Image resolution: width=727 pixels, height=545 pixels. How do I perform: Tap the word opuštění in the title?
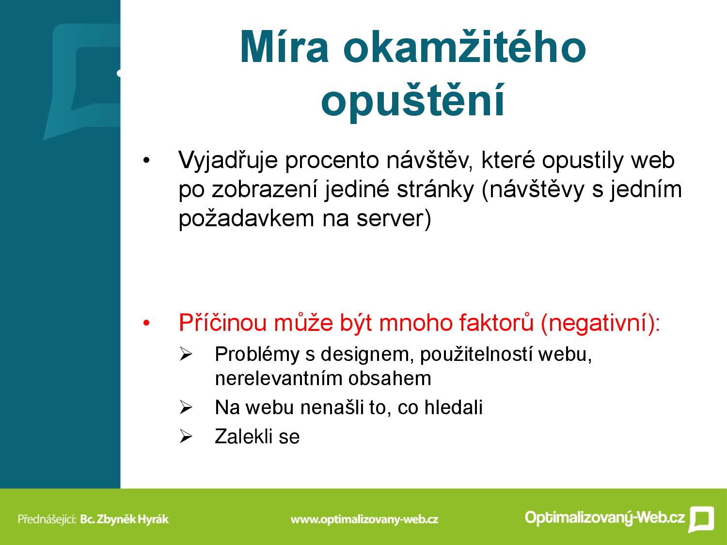pyautogui.click(x=412, y=100)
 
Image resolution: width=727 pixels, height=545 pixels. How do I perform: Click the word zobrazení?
pyautogui.click(x=265, y=190)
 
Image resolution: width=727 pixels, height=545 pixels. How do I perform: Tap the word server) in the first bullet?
pyautogui.click(x=394, y=219)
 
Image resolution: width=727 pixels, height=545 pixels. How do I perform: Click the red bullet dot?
pyautogui.click(x=146, y=323)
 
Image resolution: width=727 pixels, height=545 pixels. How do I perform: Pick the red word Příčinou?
pyautogui.click(x=222, y=323)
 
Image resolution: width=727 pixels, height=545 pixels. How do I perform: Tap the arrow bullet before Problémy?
pyautogui.click(x=186, y=355)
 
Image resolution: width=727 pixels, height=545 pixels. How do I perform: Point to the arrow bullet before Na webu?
pyautogui.click(x=186, y=407)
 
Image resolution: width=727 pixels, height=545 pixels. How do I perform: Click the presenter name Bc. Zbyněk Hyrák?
pyautogui.click(x=125, y=519)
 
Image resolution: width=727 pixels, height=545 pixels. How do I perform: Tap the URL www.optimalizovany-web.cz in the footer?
pyautogui.click(x=364, y=519)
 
